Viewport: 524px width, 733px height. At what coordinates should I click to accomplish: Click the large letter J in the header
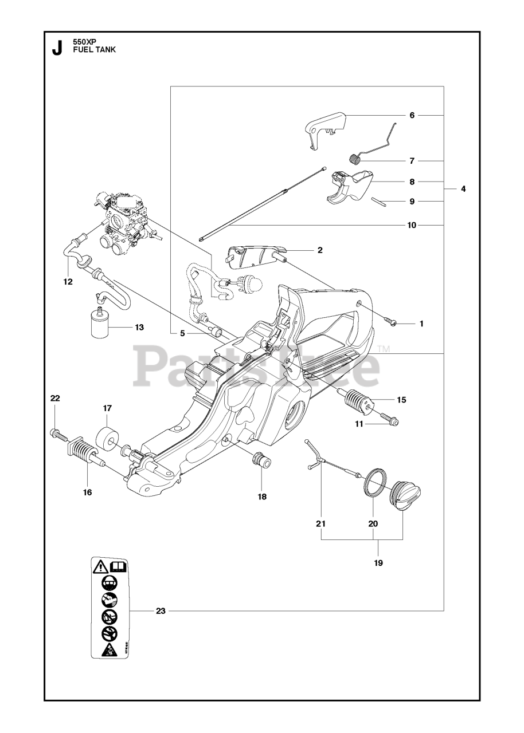pos(57,48)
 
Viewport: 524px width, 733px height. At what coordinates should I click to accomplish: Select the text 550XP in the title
pos(85,42)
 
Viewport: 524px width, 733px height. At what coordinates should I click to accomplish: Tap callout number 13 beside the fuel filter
pos(139,328)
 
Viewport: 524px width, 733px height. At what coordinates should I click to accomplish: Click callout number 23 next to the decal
pos(161,611)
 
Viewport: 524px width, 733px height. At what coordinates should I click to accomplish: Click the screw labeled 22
pos(59,435)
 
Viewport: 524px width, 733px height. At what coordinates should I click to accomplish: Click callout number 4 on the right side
pos(463,187)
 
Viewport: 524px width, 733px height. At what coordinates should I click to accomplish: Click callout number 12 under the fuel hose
pos(68,281)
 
